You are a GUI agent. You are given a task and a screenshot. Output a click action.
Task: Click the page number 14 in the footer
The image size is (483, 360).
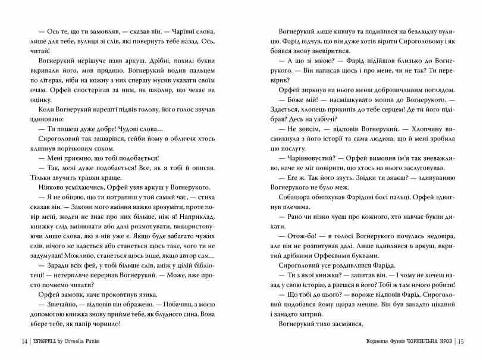pyautogui.click(x=23, y=342)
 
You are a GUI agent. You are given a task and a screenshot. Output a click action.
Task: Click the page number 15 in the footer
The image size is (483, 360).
pyautogui.click(x=463, y=342)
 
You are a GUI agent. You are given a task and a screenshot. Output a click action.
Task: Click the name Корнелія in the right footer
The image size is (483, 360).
pyautogui.click(x=359, y=342)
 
